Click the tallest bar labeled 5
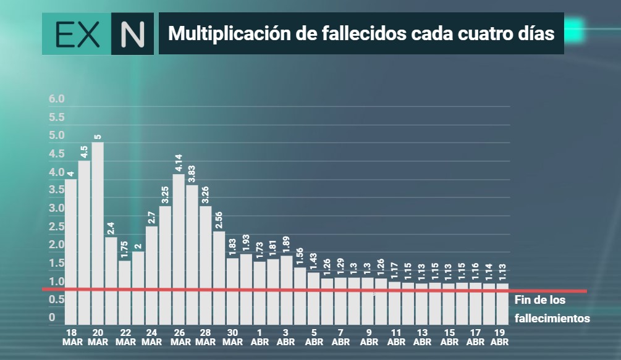pos(98,233)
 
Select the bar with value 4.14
pos(179,249)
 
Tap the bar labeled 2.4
pos(111,281)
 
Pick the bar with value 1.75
pos(125,293)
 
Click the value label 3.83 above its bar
pos(192,174)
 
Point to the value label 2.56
pos(219,220)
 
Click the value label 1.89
pos(286,245)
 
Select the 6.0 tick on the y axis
pos(57,99)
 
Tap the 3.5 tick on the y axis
pos(57,190)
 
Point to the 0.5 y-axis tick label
pos(57,299)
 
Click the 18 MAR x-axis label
pos(72,337)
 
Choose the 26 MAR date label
pos(180,337)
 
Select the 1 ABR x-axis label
pos(260,337)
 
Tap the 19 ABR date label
pos(499,337)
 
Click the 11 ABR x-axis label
pos(396,337)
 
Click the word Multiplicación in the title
pos(229,33)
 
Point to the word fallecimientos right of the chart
pos(552,319)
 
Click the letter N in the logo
pos(132,34)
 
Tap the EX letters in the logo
pos(78,35)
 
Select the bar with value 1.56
pos(300,296)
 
